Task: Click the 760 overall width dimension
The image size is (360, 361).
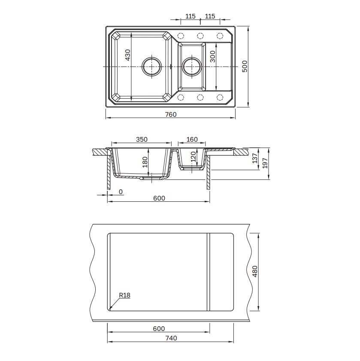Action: click(x=171, y=115)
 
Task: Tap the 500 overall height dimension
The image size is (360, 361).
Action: click(x=245, y=66)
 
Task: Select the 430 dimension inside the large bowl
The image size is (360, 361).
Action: click(x=128, y=55)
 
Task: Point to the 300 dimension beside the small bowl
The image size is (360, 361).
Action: click(x=213, y=57)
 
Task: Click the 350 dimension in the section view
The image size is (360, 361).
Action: click(x=142, y=140)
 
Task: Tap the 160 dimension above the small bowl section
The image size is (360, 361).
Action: click(x=192, y=140)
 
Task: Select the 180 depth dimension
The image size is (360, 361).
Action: click(x=145, y=162)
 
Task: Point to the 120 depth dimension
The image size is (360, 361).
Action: click(x=194, y=157)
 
